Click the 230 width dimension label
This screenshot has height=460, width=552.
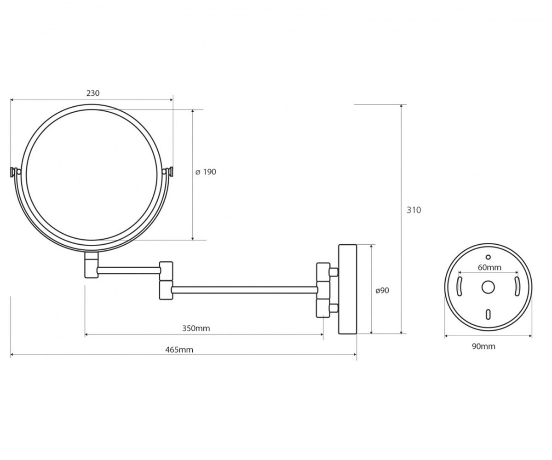pos(93,93)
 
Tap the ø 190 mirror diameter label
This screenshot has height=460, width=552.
pos(206,172)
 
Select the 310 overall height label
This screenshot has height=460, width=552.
pos(414,210)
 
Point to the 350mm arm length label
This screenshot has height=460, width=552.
pos(196,328)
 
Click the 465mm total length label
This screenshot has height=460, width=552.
pos(179,350)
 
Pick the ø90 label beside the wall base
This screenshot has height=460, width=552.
pos(382,290)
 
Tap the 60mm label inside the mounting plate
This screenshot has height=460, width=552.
pos(489,268)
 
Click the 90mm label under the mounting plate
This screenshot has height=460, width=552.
pos(484,346)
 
